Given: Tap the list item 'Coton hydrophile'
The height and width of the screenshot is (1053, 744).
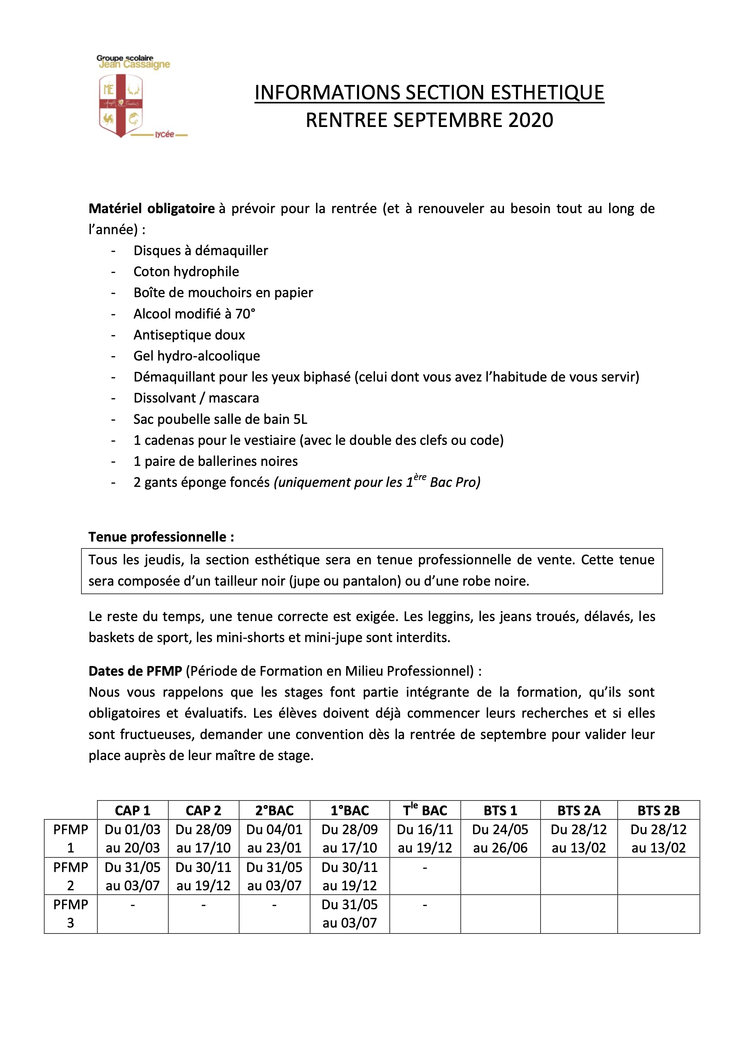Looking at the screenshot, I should click(x=186, y=272).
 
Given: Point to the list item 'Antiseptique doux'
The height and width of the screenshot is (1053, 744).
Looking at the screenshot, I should click(x=189, y=335).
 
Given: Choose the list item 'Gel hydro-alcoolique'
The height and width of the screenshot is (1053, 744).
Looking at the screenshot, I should click(x=197, y=356).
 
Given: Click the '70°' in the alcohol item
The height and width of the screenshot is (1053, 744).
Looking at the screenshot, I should click(x=245, y=314).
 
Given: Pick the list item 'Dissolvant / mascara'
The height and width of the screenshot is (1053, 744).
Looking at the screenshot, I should click(x=196, y=398).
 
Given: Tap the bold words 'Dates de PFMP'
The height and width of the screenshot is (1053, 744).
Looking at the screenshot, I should click(x=135, y=671).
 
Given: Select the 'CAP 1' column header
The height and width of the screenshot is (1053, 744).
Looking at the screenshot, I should click(x=133, y=810).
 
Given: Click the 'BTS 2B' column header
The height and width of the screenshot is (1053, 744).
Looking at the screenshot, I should click(x=658, y=810).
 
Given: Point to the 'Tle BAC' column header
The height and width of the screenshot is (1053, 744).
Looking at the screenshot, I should click(x=425, y=810).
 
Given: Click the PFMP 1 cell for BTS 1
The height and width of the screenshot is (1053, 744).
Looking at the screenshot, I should click(x=500, y=838).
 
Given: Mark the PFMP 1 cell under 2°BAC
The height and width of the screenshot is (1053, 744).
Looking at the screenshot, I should click(x=274, y=838).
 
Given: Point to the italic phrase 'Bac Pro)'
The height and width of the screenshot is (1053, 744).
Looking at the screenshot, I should click(x=455, y=482).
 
